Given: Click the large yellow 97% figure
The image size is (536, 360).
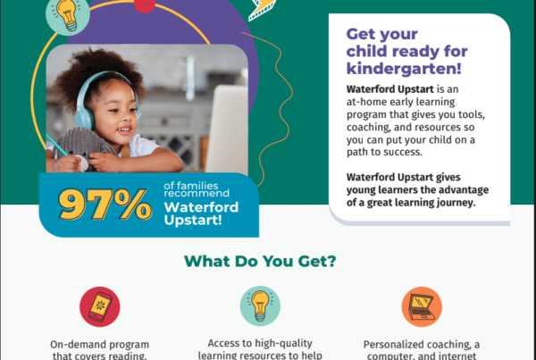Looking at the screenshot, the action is pyautogui.click(x=105, y=204).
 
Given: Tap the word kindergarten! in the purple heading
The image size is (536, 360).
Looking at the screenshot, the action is pyautogui.click(x=404, y=69).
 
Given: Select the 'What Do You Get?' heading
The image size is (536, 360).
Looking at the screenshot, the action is pyautogui.click(x=260, y=261).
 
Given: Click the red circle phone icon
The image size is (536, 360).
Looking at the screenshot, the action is pyautogui.click(x=100, y=306).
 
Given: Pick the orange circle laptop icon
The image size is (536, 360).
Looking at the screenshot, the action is pyautogui.click(x=422, y=306).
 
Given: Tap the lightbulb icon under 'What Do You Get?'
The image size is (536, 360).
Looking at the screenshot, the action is pyautogui.click(x=260, y=306).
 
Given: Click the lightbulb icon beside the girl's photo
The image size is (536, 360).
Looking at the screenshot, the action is pyautogui.click(x=68, y=14).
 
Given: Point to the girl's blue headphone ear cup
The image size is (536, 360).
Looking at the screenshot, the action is pyautogui.click(x=85, y=116).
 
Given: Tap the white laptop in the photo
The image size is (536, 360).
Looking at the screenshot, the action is pyautogui.click(x=227, y=130).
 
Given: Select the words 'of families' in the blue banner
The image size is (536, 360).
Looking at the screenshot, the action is pyautogui.click(x=191, y=186).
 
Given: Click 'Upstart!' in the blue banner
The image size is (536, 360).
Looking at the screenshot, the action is pyautogui.click(x=193, y=220).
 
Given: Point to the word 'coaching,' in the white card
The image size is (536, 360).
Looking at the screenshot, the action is pyautogui.click(x=368, y=128).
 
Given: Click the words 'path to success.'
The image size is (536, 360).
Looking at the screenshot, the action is pyautogui.click(x=384, y=152).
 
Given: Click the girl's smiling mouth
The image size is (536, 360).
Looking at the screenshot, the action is pyautogui.click(x=124, y=130).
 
